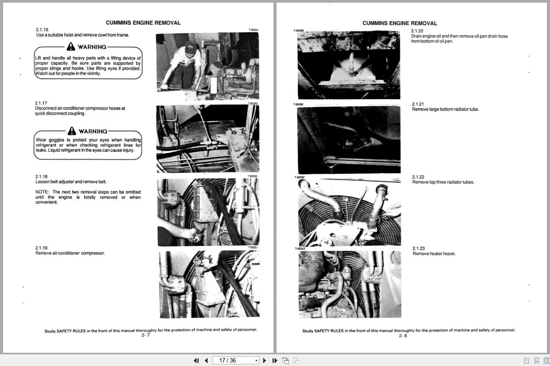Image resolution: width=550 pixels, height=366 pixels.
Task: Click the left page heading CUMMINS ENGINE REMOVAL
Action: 143,23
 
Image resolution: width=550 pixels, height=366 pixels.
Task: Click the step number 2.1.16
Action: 42,30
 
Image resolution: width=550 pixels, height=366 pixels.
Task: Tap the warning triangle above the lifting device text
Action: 71,47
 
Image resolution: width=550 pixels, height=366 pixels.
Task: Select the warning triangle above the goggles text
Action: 72,131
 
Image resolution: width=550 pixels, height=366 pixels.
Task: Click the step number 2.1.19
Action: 42,248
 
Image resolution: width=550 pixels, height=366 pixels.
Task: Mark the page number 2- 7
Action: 145,335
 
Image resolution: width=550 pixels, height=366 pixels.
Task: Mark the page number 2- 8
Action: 402,335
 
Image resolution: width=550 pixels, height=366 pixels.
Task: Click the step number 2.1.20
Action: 417,31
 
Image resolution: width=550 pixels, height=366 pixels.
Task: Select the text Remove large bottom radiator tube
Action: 445,109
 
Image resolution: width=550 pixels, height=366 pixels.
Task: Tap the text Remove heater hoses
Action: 434,254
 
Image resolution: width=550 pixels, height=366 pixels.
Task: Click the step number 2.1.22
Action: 418,177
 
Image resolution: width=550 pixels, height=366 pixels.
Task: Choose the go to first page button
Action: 196,360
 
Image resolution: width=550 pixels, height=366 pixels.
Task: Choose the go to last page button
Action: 274,360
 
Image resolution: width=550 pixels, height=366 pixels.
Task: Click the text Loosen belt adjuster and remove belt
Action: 71,182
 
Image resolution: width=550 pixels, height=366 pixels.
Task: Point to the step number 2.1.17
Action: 41,103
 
